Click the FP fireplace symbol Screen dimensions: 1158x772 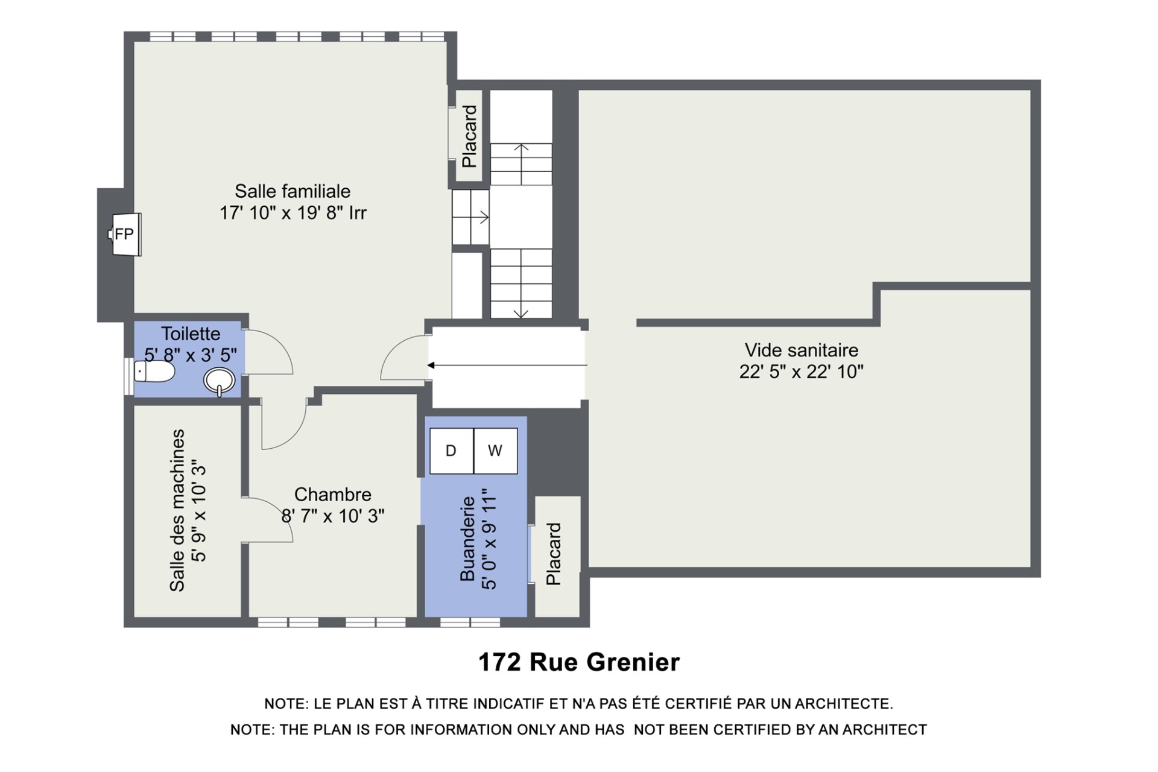(125, 234)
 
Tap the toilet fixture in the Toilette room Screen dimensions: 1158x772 (154, 372)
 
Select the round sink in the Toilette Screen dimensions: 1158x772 (220, 381)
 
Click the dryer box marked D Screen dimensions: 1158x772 (452, 451)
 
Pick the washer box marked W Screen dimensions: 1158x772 (495, 451)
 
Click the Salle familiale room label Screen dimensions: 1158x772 (293, 191)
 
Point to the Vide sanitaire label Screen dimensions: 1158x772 (802, 350)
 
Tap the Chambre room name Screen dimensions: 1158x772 (333, 495)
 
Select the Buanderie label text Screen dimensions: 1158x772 (468, 539)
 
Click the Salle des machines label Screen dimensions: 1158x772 (177, 510)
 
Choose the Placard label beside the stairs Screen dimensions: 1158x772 (469, 136)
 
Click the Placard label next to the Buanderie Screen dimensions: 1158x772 (554, 554)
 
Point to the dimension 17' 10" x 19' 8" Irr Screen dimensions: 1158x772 (293, 213)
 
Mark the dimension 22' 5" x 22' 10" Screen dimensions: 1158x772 (802, 372)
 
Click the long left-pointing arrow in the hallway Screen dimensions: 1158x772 (507, 365)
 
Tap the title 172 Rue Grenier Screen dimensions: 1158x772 (579, 662)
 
